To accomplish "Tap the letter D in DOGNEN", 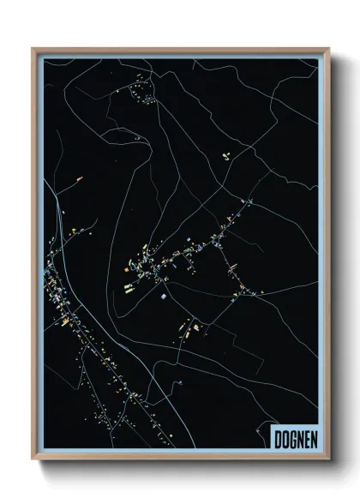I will [278, 439].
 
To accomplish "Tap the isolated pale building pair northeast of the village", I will [226, 156].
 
